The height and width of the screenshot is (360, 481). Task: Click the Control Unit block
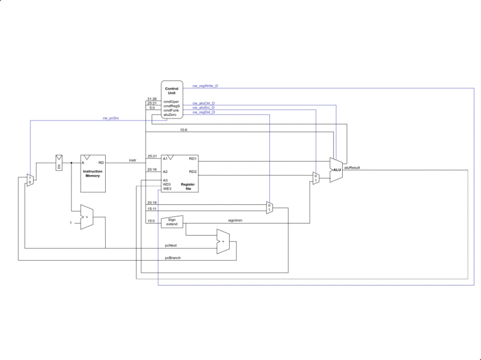(x=171, y=99)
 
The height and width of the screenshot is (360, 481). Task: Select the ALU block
(x=336, y=170)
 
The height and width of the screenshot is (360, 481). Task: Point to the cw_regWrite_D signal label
(x=205, y=86)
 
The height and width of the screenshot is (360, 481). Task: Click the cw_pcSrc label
(x=110, y=118)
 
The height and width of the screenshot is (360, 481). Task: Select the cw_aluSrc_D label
(x=204, y=108)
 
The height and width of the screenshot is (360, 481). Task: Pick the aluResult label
(x=352, y=168)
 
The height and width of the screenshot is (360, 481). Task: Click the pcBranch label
(x=174, y=258)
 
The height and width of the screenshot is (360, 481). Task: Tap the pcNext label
(x=171, y=245)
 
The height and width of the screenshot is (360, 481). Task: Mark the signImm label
(x=235, y=220)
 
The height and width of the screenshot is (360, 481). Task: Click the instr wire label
(x=133, y=160)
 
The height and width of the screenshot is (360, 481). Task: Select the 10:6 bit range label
(x=184, y=129)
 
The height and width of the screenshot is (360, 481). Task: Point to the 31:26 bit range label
(x=152, y=99)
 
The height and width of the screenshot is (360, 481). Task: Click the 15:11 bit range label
(x=152, y=209)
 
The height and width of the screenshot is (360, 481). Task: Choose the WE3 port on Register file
(x=167, y=189)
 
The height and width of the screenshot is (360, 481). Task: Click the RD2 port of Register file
(x=192, y=171)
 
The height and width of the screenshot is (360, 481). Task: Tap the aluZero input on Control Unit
(x=170, y=114)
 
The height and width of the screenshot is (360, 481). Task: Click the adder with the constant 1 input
(x=87, y=216)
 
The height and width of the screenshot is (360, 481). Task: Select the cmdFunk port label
(x=171, y=110)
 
